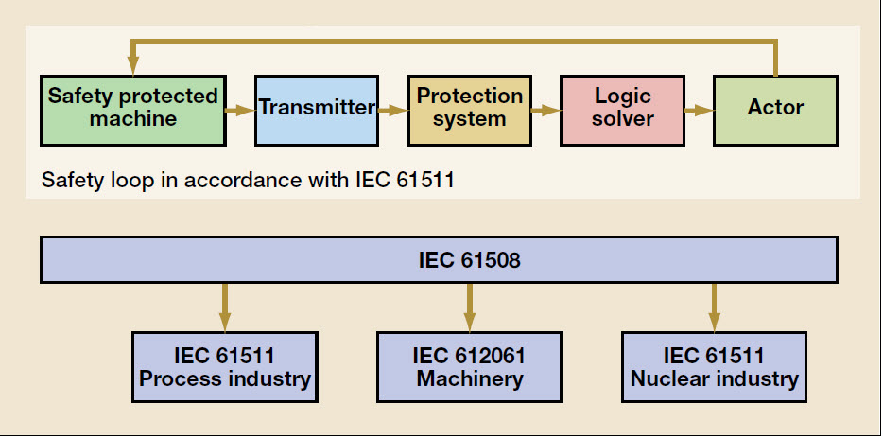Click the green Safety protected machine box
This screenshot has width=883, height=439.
[x=133, y=111]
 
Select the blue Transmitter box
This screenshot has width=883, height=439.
[x=317, y=111]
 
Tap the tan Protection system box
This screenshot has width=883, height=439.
[x=470, y=111]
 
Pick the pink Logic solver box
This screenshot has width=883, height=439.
[x=623, y=111]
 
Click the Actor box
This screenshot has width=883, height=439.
[x=775, y=111]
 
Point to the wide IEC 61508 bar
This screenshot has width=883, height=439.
[x=439, y=260]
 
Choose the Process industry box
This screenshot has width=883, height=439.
[x=225, y=367]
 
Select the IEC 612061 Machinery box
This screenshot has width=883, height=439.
[x=470, y=367]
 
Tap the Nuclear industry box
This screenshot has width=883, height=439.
[x=714, y=367]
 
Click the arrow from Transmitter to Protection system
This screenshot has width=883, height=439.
[x=393, y=111]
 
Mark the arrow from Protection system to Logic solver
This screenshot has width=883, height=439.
[x=546, y=111]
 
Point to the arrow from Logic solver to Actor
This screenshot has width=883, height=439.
[x=700, y=111]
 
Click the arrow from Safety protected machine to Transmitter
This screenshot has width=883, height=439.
[x=240, y=111]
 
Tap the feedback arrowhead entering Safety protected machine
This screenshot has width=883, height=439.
[x=133, y=66]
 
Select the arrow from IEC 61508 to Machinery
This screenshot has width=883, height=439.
[x=470, y=307]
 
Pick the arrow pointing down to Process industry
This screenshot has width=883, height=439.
[x=225, y=307]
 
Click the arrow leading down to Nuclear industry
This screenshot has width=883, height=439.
[x=714, y=307]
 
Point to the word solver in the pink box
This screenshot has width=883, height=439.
[x=623, y=119]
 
